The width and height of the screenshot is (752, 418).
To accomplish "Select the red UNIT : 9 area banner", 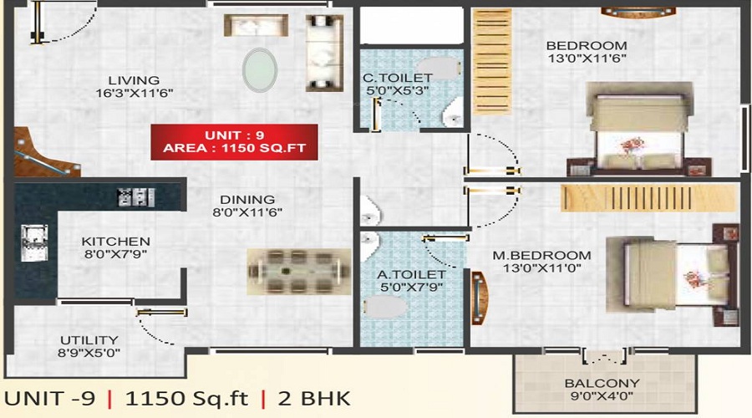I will coord(234,142).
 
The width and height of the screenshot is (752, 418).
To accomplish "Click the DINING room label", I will coord(247,200).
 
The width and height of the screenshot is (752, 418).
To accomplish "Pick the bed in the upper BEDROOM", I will coord(643,129).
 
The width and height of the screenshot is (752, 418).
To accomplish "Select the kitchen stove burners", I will coord(135,196).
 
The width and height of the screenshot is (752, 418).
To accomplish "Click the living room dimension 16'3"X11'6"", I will coord(134,94).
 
